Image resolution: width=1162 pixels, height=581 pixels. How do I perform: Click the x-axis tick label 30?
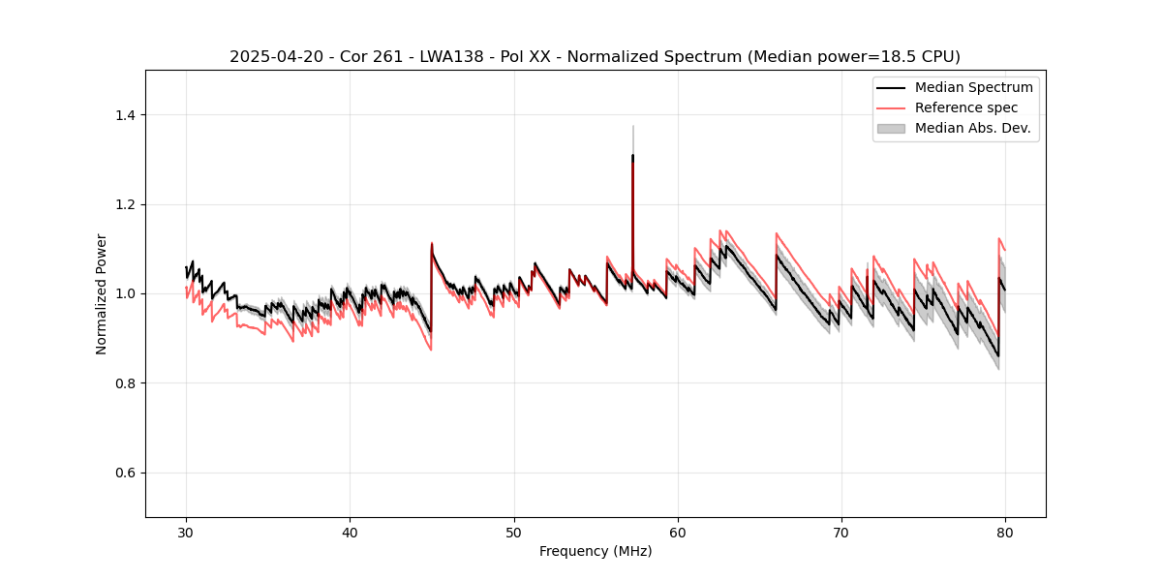coord(186,533)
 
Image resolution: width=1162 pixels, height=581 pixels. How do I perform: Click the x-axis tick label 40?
coord(350,533)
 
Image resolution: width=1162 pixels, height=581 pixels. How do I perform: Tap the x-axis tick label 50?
coord(514,533)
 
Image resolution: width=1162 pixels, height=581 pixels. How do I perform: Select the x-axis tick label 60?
coord(678,533)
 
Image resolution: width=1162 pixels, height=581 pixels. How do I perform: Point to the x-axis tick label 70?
coord(841,533)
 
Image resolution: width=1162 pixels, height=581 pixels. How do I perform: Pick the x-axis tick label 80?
coord(1005,533)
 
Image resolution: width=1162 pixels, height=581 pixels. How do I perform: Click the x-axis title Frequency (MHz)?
coord(596,552)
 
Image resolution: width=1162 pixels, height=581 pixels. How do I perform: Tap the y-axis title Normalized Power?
coord(102,293)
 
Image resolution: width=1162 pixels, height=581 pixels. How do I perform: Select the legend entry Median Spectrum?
coord(973,87)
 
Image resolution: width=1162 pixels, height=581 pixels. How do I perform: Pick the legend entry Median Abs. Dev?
coord(972,128)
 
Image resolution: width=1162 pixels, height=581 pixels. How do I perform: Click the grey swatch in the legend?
coord(891,128)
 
